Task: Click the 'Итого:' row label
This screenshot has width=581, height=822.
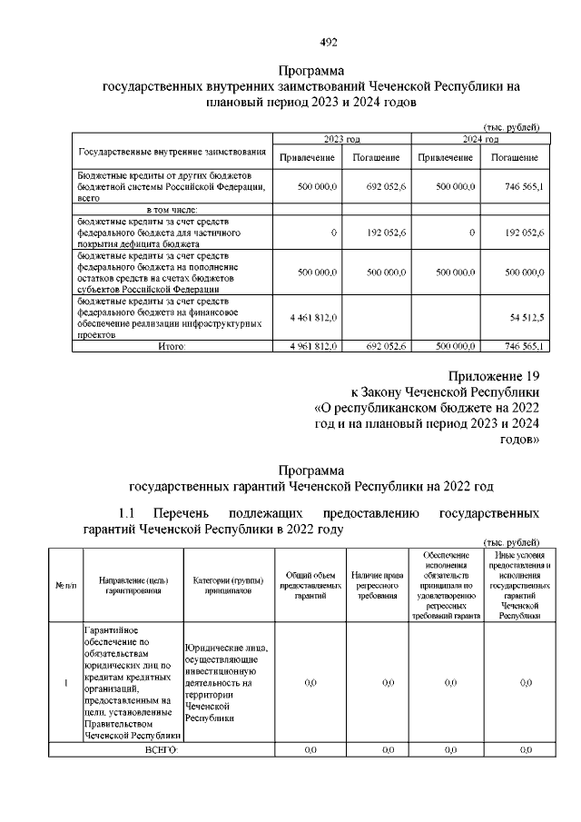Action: pos(172,346)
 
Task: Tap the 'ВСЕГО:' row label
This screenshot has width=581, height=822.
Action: pos(162,749)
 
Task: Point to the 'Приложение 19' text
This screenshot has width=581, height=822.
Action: pos(495,376)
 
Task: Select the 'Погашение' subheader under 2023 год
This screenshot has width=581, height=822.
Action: pos(376,158)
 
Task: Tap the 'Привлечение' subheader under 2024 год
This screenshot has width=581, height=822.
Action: pos(445,158)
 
